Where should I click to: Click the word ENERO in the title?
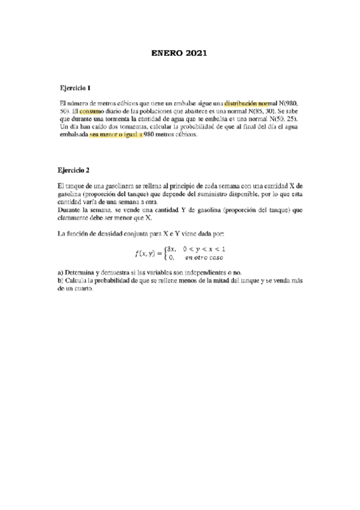pos(165,54)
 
